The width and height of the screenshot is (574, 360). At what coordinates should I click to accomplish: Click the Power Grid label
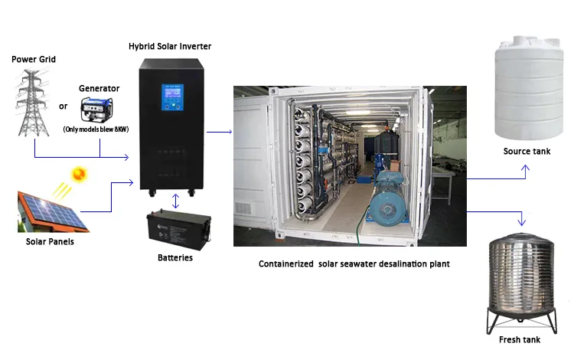pyautogui.click(x=34, y=59)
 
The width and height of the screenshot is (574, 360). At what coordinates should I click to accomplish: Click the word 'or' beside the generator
pyautogui.click(x=64, y=106)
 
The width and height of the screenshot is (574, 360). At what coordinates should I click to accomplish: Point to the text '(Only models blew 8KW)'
pyautogui.click(x=96, y=129)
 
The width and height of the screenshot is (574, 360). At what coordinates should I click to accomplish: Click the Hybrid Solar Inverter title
pyautogui.click(x=170, y=47)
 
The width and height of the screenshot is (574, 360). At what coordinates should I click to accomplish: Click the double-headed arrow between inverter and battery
pyautogui.click(x=176, y=201)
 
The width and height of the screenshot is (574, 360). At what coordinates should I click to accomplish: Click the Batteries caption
pyautogui.click(x=175, y=257)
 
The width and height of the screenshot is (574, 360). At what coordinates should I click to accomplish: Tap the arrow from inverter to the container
pyautogui.click(x=220, y=132)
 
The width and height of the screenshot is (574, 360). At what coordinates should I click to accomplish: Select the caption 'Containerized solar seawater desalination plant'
pyautogui.click(x=354, y=264)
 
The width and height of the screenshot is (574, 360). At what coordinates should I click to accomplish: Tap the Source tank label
pyautogui.click(x=527, y=151)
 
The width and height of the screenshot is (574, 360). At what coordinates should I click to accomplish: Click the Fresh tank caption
pyautogui.click(x=520, y=339)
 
